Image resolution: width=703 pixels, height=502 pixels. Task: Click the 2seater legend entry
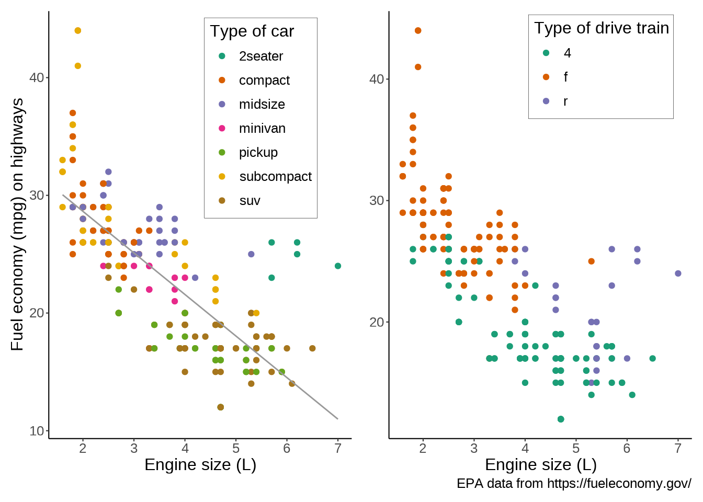(260, 56)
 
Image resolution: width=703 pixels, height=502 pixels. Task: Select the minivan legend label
(262, 128)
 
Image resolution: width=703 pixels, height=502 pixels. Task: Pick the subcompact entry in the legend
(275, 176)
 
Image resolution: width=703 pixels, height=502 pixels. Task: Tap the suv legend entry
(250, 200)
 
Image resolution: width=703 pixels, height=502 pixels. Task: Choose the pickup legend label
(258, 152)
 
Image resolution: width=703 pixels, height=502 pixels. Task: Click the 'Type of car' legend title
(252, 31)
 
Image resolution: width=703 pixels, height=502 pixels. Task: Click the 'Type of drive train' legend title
(602, 28)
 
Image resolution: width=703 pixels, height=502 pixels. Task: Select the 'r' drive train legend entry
(565, 101)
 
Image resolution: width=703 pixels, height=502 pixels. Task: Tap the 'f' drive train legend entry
(565, 77)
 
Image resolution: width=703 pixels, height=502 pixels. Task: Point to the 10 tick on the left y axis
(37, 431)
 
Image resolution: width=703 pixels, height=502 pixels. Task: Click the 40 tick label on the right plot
(377, 79)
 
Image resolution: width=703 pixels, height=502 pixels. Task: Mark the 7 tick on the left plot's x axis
(338, 448)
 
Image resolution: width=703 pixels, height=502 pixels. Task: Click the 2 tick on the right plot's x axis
(423, 448)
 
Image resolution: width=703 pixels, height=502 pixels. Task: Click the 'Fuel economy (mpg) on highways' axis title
(17, 224)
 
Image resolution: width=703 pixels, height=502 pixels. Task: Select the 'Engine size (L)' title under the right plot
(541, 464)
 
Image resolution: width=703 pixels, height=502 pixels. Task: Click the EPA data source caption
(574, 484)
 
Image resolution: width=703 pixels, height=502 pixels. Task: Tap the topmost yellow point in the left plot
(78, 30)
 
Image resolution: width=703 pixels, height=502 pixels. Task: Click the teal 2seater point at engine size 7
(338, 266)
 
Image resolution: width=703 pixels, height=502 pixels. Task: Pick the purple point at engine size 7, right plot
(678, 273)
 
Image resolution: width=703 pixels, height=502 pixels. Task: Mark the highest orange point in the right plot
(418, 30)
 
